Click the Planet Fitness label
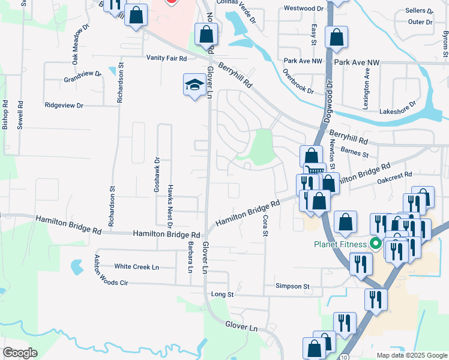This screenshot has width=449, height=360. click(x=340, y=244)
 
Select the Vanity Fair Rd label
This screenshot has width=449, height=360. click(x=167, y=58)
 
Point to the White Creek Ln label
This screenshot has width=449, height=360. click(x=137, y=266)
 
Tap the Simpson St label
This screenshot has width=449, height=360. click(x=292, y=287)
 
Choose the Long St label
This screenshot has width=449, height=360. click(x=222, y=295)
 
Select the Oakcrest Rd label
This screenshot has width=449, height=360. click(x=394, y=175)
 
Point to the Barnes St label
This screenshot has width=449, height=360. click(x=354, y=153)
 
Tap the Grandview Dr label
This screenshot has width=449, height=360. click(x=83, y=77)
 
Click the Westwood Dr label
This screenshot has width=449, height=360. click(x=304, y=8)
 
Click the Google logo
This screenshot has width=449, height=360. click(x=20, y=353)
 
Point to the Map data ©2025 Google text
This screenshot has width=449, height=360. click(x=411, y=355)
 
